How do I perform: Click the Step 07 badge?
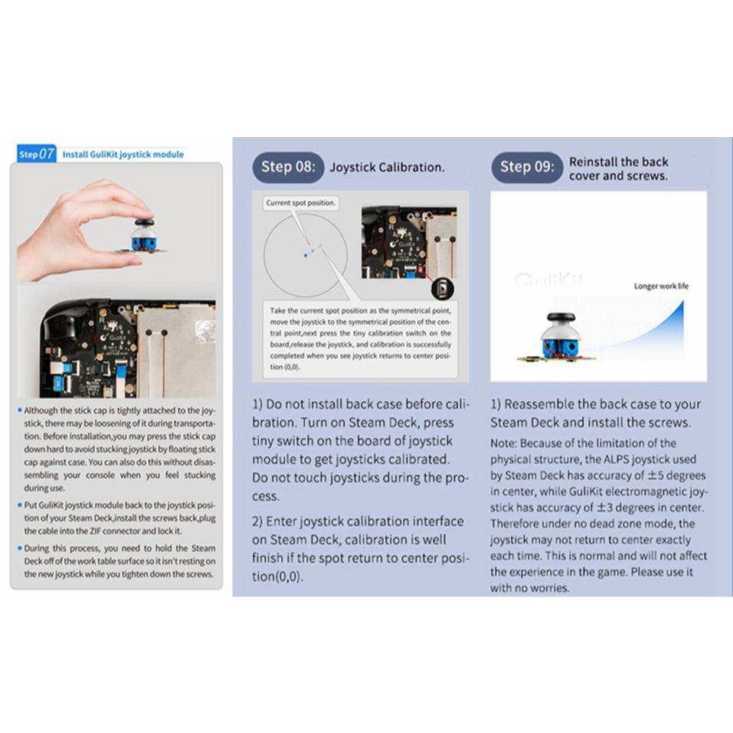tap(36, 153)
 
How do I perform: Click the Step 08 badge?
tap(287, 167)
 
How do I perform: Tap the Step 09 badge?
tap(526, 167)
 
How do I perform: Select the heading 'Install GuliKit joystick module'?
tap(123, 154)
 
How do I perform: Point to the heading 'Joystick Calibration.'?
tap(387, 167)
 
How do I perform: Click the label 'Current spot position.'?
tap(301, 203)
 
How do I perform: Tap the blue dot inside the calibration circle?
tap(306, 254)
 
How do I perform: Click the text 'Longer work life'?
tap(661, 286)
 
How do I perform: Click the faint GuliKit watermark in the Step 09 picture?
tap(548, 281)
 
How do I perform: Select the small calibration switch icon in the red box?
tap(441, 290)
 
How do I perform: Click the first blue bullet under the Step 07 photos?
tap(19, 411)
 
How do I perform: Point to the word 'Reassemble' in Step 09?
tap(540, 404)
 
